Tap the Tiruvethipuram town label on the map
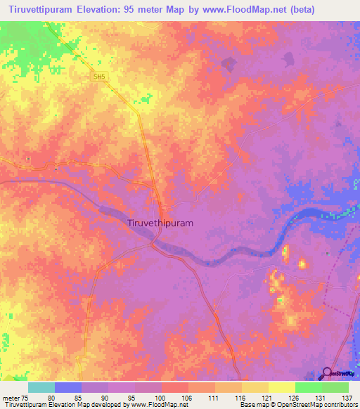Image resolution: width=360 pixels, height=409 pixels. (161, 223)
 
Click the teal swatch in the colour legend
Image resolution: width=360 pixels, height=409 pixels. (41, 387)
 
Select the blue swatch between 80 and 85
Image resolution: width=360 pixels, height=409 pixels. (68, 387)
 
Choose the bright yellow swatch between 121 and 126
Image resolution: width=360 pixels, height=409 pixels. (282, 387)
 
